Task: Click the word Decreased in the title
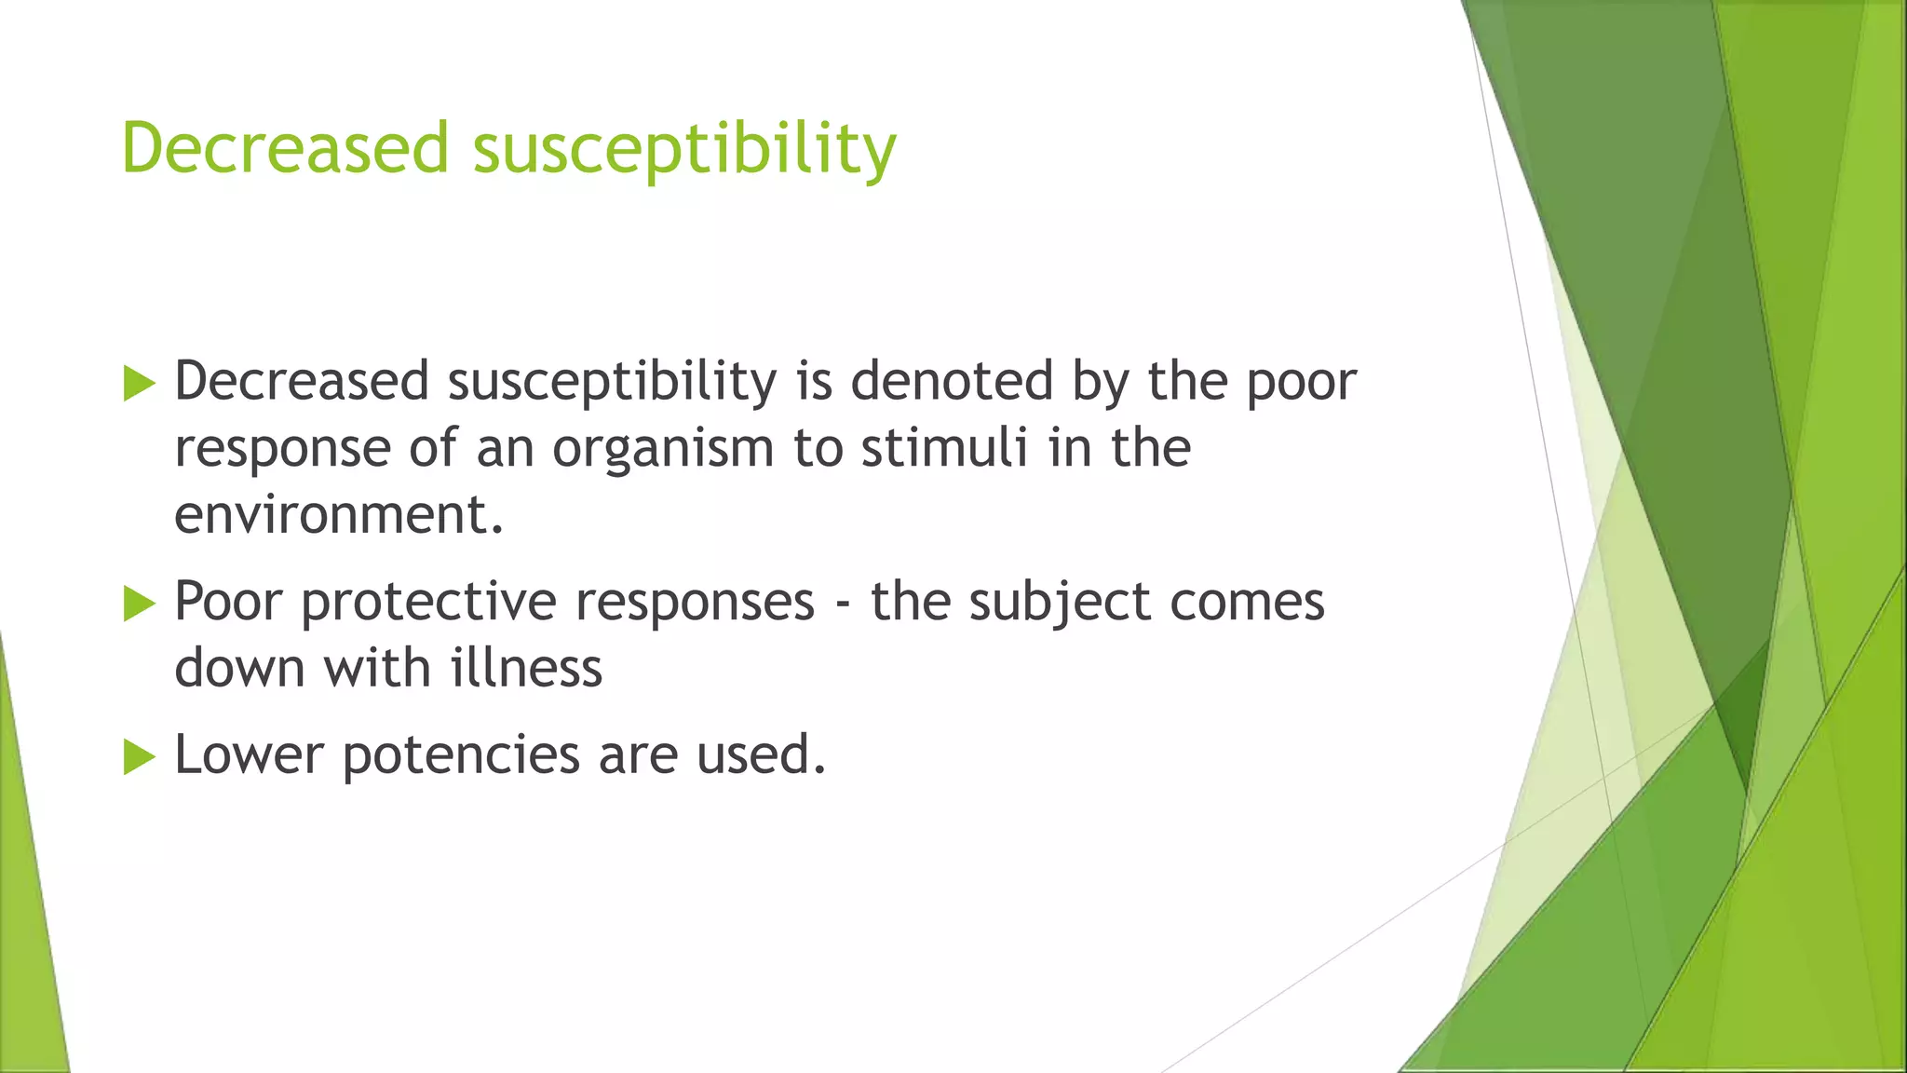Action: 285,148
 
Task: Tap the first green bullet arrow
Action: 139,384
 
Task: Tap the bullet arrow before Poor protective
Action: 139,604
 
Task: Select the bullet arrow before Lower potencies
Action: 139,756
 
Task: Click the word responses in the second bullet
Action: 695,603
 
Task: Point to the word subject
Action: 1060,603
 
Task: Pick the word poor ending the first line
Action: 1301,383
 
